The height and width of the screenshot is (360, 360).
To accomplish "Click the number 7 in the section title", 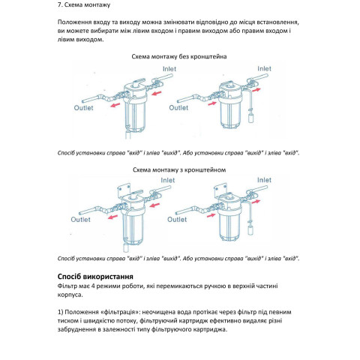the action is pos(59,4).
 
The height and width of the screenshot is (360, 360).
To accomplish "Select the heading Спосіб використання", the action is pos(95,277).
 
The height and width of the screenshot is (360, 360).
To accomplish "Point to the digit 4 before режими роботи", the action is pos(93,286).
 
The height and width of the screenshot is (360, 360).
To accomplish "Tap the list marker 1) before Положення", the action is pos(60,312).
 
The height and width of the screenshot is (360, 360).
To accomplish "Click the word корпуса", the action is pos(70,295).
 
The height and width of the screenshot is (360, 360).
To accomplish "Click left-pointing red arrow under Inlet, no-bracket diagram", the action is pos(157,94).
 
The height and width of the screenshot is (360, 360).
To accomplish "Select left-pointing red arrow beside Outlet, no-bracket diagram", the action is pos(115,105).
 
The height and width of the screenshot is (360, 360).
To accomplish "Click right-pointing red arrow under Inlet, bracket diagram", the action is pos(256,202).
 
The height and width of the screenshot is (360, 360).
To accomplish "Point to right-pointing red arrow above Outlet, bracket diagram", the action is pos(211,215).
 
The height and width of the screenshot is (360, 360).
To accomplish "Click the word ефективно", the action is pos(225,321).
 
